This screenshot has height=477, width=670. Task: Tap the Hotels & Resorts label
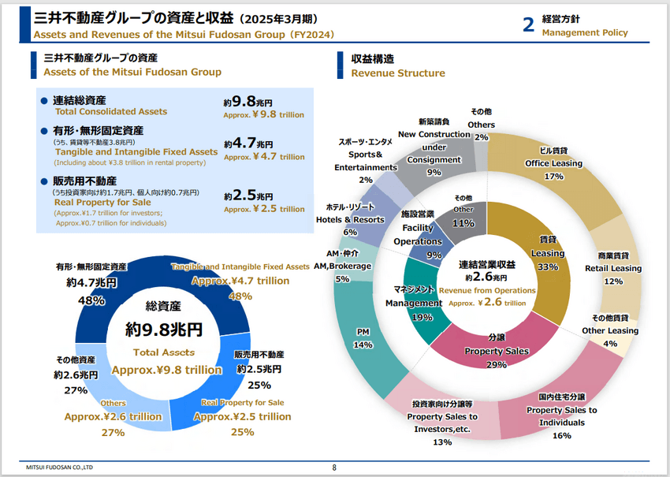pyautogui.click(x=350, y=219)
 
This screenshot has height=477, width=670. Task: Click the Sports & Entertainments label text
pyautogui.click(x=365, y=155)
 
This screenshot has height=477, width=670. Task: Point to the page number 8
pyautogui.click(x=334, y=468)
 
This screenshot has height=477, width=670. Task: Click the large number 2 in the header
pyautogui.click(x=528, y=24)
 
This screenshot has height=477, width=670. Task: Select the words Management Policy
pyautogui.click(x=585, y=32)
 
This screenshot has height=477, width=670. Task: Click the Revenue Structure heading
pyautogui.click(x=398, y=73)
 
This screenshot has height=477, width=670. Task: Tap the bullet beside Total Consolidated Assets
pyautogui.click(x=44, y=101)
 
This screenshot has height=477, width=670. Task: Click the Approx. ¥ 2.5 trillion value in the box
pyautogui.click(x=264, y=209)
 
